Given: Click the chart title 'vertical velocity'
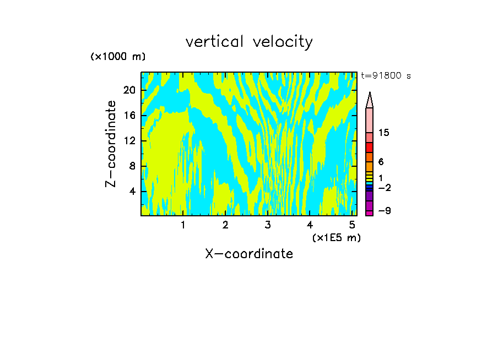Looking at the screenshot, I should (x=249, y=42).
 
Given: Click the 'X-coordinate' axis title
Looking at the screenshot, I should (x=249, y=254).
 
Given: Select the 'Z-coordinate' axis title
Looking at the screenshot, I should (x=112, y=144).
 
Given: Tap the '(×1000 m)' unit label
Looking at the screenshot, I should (x=118, y=57).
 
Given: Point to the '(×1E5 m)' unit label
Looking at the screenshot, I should (x=336, y=237).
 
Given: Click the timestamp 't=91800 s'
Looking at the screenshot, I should (x=386, y=76).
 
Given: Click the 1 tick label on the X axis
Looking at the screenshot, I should (x=183, y=225).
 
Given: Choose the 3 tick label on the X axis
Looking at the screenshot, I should (x=268, y=225).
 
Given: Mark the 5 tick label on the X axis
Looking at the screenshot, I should (x=352, y=225).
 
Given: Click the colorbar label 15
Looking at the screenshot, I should (x=384, y=133).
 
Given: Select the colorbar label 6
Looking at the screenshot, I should (x=381, y=162).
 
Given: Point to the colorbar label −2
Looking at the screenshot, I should (x=384, y=188).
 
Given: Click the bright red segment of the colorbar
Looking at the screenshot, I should (x=369, y=148).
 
